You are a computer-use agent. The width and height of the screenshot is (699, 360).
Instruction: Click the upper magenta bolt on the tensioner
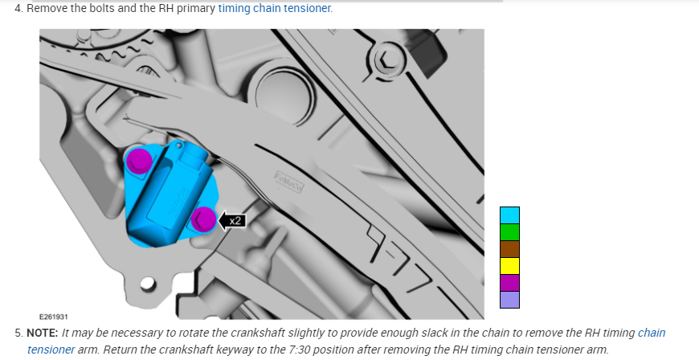139,161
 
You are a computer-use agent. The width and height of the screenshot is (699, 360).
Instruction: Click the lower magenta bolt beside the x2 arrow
204,219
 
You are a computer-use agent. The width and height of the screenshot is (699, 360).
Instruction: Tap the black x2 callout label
232,221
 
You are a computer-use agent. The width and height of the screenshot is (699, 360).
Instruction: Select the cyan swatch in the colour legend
509,215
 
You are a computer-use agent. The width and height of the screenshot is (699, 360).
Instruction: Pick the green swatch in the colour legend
509,232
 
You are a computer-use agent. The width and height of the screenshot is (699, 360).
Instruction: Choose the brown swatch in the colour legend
509,249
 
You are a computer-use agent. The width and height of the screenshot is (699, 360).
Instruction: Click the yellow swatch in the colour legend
509,266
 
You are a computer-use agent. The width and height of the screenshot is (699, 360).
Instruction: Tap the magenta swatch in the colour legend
509,283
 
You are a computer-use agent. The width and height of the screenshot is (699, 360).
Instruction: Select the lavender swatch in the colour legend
509,300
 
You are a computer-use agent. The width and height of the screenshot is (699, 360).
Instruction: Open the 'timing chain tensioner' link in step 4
274,8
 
